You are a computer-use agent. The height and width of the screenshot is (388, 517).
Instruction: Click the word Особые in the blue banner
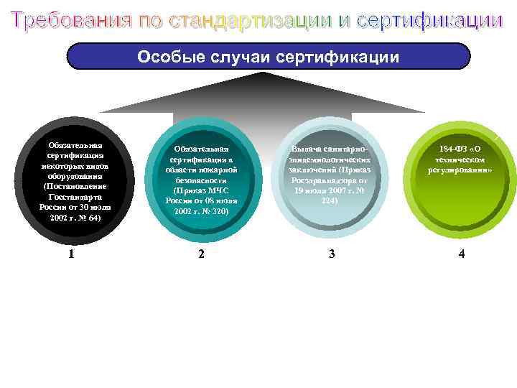pyautogui.click(x=166, y=57)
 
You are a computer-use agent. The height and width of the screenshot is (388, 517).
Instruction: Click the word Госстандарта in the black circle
pyautogui.click(x=75, y=196)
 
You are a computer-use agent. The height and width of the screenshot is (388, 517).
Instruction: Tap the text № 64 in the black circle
pyautogui.click(x=88, y=217)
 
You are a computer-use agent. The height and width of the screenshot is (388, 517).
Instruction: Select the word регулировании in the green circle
pyautogui.click(x=460, y=170)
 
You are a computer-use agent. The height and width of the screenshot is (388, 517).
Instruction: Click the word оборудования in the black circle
pyautogui.click(x=75, y=175)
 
